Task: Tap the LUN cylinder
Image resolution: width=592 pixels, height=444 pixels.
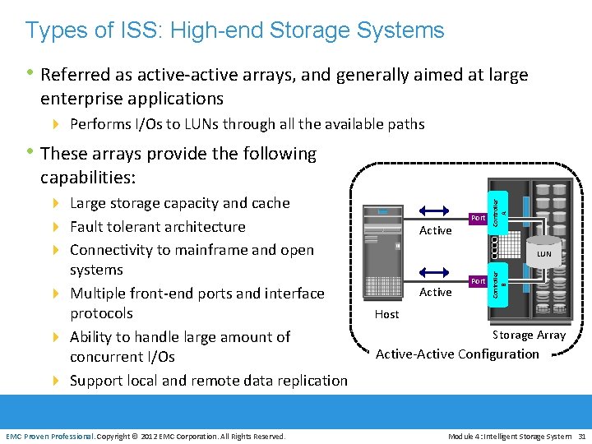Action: tap(544, 250)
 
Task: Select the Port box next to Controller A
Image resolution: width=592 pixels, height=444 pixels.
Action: tap(479, 218)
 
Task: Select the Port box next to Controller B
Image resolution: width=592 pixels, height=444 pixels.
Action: tap(479, 281)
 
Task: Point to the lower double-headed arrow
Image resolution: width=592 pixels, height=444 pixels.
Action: tap(435, 271)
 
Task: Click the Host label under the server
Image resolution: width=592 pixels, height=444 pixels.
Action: tap(386, 314)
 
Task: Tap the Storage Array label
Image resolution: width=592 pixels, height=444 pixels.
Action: tap(529, 335)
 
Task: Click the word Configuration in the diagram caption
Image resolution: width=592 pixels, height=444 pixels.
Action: tap(500, 354)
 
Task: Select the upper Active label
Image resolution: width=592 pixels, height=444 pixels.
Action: tap(435, 230)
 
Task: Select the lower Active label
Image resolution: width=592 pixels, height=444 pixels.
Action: tap(435, 292)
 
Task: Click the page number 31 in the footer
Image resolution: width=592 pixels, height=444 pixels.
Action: tap(581, 436)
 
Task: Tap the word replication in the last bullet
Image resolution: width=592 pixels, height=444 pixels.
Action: tap(309, 381)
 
